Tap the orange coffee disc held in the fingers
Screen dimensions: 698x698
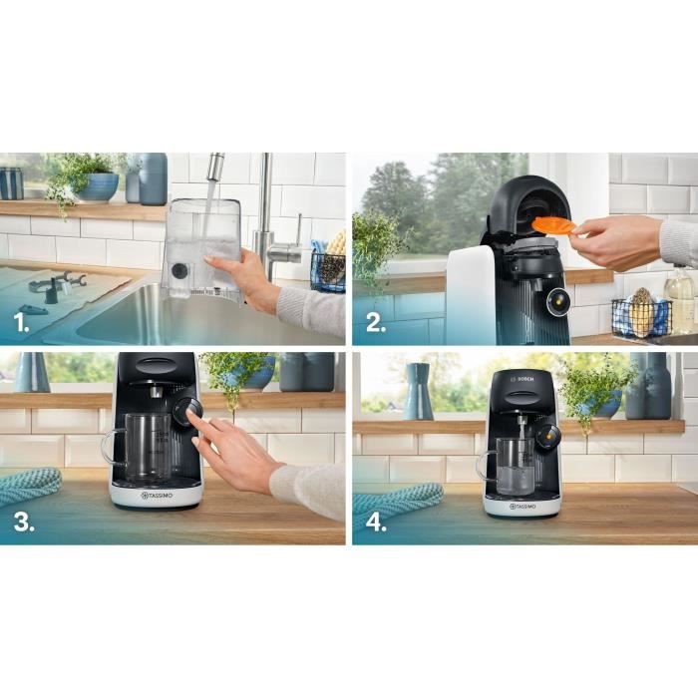point(556,225)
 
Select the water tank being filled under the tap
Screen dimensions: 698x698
point(201,247)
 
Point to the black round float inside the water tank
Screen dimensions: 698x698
point(178,270)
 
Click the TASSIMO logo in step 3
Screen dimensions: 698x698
point(158,495)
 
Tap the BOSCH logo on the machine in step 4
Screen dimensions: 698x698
point(523,380)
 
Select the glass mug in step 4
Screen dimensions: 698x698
point(508,466)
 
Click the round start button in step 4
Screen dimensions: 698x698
point(544,434)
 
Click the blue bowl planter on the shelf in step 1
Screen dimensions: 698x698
point(97,186)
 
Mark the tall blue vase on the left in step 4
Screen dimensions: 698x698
point(418,391)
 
